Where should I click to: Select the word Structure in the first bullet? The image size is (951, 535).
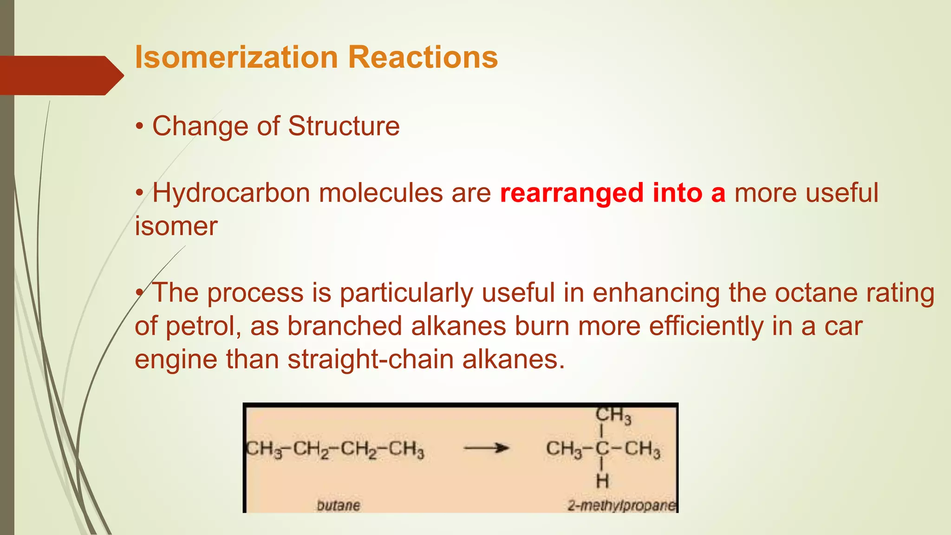coord(344,126)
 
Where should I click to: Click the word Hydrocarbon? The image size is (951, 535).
coord(231,193)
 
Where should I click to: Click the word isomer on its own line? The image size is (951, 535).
coord(176,226)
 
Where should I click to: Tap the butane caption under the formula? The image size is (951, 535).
coord(338,505)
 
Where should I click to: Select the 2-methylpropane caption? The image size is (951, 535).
coord(621,505)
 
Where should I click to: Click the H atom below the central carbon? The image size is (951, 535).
coord(602,481)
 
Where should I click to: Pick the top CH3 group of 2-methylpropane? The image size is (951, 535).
coord(613,415)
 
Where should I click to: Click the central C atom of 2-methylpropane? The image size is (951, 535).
coord(602,449)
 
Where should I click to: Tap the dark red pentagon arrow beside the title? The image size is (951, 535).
coord(60,75)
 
